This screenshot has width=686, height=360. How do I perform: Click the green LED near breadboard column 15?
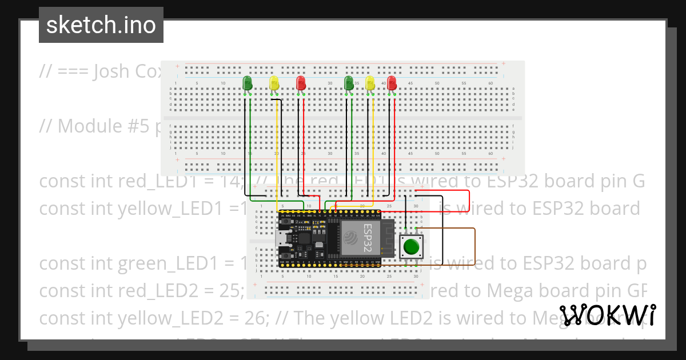pos(247,83)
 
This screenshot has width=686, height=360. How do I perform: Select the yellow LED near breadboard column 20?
pos(274,83)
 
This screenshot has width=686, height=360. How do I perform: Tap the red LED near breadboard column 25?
pos(301,83)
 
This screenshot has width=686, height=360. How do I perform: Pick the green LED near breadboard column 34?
pos(349,83)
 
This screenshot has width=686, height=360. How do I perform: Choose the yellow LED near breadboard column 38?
pos(370,83)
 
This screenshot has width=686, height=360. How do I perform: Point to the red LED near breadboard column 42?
pos(392,83)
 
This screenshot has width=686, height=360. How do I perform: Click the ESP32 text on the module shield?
pos(368,238)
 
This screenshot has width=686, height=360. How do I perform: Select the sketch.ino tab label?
pos(101,25)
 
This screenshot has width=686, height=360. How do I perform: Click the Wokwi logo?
pos(607,315)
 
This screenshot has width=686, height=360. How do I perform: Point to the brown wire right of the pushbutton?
pos(474,246)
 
